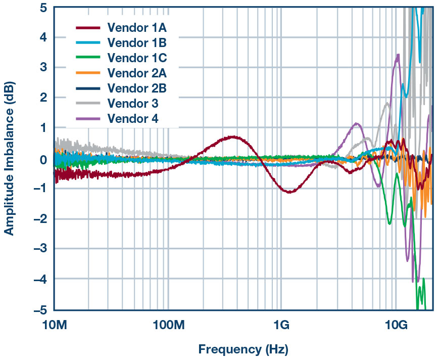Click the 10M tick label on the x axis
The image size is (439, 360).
54,324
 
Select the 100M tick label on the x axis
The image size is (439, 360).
167,324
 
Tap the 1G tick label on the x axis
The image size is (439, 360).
281,324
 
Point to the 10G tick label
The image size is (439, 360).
396,324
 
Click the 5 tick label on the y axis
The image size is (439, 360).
43,8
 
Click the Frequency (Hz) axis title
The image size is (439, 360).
243,349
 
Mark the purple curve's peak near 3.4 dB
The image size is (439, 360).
398,55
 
